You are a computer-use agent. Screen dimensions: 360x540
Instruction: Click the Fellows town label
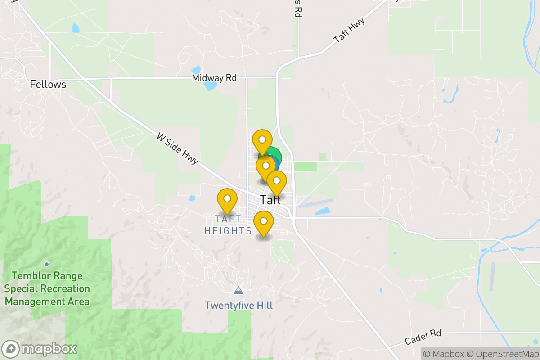pyautogui.click(x=48, y=84)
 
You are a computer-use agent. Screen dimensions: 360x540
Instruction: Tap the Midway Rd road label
pyautogui.click(x=214, y=78)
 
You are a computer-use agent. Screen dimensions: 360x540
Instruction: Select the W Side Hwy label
pyautogui.click(x=178, y=148)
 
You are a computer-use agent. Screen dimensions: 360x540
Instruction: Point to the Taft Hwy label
pyautogui.click(x=349, y=31)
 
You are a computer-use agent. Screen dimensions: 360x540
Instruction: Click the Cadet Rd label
pyautogui.click(x=423, y=337)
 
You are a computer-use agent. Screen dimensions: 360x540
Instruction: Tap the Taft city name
pyautogui.click(x=270, y=200)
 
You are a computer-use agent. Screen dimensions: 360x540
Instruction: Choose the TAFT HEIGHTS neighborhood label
pyautogui.click(x=228, y=225)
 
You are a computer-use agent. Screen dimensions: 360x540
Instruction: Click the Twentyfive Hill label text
pyautogui.click(x=238, y=306)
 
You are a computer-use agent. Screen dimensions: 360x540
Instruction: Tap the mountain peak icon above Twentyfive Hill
pyautogui.click(x=238, y=290)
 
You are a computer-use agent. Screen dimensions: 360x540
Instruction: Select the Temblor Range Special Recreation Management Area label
pyautogui.click(x=47, y=288)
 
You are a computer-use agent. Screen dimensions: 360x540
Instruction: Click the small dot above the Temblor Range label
pyautogui.click(x=46, y=264)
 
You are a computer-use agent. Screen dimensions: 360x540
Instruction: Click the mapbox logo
pyautogui.click(x=40, y=349)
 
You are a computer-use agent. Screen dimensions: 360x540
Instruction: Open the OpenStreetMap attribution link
pyautogui.click(x=503, y=354)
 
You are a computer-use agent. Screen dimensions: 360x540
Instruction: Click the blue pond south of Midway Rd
pyautogui.click(x=210, y=85)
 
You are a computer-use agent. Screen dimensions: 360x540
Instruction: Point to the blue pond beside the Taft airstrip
pyautogui.click(x=322, y=211)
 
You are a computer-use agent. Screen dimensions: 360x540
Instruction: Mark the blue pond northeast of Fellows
pyautogui.click(x=75, y=28)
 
